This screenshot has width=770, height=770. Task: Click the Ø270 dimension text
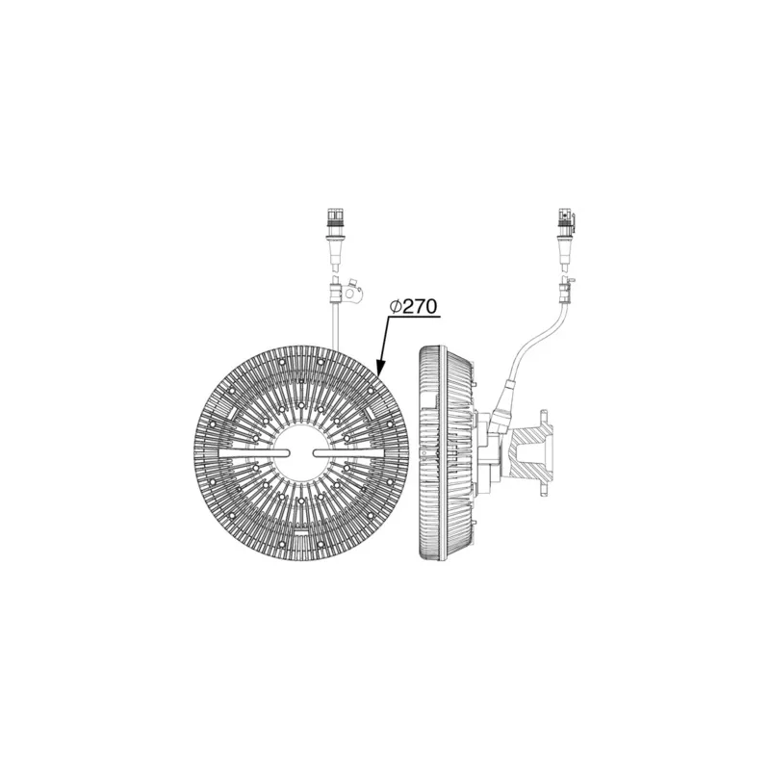(x=413, y=306)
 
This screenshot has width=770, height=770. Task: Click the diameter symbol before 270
(x=396, y=306)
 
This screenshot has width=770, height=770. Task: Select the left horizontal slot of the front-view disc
(x=256, y=453)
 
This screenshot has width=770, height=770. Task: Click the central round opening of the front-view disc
(x=301, y=452)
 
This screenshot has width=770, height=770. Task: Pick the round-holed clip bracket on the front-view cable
(x=352, y=292)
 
